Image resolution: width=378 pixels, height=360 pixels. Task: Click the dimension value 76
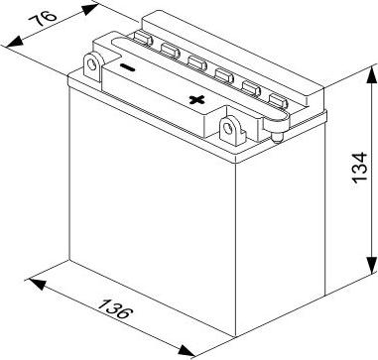pyautogui.click(x=43, y=20)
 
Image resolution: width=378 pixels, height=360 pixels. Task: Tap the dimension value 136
pyautogui.click(x=116, y=309)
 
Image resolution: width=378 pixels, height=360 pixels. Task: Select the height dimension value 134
pyautogui.click(x=360, y=168)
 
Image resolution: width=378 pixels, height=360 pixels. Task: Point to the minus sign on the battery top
pyautogui.click(x=127, y=67)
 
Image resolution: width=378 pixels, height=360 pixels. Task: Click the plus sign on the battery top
pyautogui.click(x=197, y=99)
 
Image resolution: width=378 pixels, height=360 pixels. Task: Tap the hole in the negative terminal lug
pyautogui.click(x=92, y=64)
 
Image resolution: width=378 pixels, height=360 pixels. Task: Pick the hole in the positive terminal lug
pyautogui.click(x=228, y=128)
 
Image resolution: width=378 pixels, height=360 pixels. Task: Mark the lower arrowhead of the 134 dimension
pyautogui.click(x=371, y=265)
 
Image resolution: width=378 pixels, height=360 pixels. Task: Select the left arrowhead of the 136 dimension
pyautogui.click(x=38, y=284)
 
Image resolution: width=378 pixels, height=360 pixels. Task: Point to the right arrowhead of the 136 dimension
pyautogui.click(x=187, y=351)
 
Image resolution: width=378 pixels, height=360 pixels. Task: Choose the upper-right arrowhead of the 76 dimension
pyautogui.click(x=90, y=9)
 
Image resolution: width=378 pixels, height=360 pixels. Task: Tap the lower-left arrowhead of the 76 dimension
pyautogui.click(x=15, y=42)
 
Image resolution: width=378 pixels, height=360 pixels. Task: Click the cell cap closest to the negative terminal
pyautogui.click(x=143, y=39)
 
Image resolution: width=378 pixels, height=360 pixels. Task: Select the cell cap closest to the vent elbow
pyautogui.click(x=278, y=101)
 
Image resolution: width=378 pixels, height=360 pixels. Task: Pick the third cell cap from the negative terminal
pyautogui.click(x=197, y=62)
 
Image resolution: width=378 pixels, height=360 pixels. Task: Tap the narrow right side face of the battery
pyautogui.click(x=281, y=228)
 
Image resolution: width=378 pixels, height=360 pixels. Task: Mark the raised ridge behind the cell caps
pyautogui.click(x=231, y=57)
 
